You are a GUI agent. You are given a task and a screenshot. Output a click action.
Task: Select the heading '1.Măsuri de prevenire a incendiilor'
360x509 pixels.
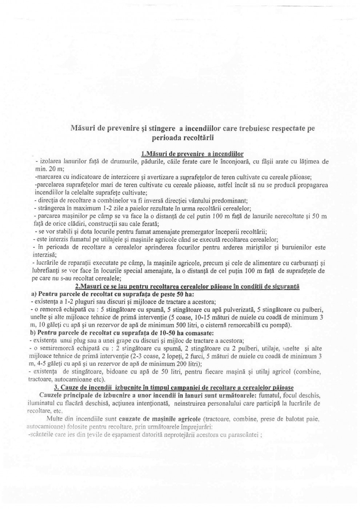[192, 154]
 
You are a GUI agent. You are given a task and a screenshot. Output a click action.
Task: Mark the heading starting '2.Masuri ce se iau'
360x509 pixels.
[187, 286]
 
